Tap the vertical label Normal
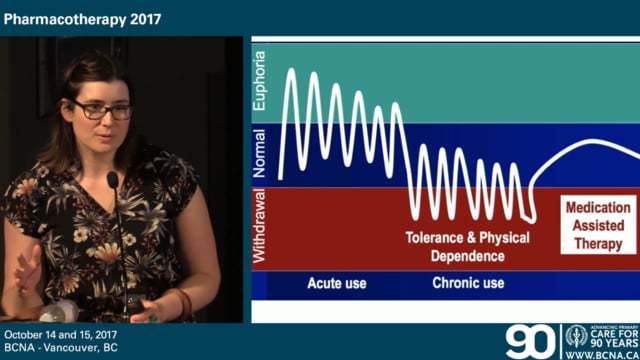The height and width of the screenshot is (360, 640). (261, 153)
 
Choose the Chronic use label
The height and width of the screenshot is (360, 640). (468, 283)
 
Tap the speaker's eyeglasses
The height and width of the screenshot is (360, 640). (100, 110)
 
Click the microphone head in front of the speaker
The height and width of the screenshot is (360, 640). (113, 181)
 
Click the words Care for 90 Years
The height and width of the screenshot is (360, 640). (611, 336)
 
